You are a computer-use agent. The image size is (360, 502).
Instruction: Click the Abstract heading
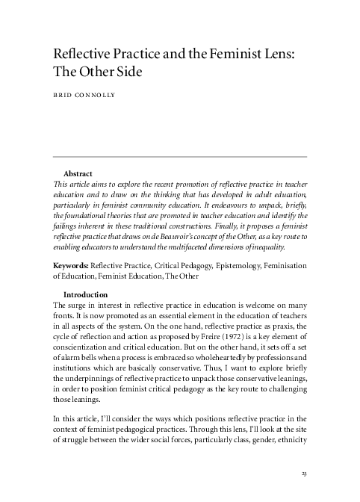point(78,173)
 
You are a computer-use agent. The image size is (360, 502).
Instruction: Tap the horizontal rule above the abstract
point(180,156)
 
